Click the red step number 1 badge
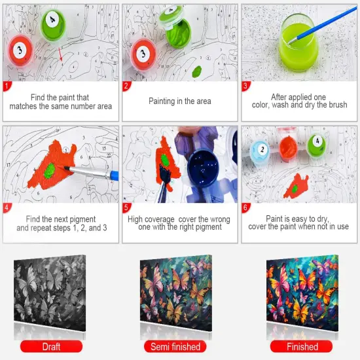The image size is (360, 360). (7, 86)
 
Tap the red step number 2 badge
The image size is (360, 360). (126, 86)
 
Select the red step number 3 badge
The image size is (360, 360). (245, 86)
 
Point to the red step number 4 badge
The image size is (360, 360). (7, 207)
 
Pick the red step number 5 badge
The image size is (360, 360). (126, 207)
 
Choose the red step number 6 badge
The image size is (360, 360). (245, 207)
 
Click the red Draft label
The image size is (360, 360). (51, 346)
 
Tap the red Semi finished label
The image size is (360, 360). (175, 346)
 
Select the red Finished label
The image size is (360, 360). (302, 346)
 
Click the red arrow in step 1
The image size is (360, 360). (60, 54)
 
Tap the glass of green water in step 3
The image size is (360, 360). (298, 43)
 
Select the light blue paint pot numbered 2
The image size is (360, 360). (261, 151)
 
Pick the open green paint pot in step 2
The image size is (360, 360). (177, 29)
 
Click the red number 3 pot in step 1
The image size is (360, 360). (20, 51)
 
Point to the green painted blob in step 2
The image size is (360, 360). (197, 71)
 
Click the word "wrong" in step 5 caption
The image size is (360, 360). (220, 219)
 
